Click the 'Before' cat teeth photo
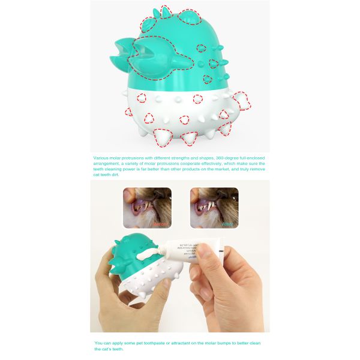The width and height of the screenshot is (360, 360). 146,207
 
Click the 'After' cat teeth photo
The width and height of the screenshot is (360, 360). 214,207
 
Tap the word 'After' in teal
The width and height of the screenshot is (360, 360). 227,224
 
